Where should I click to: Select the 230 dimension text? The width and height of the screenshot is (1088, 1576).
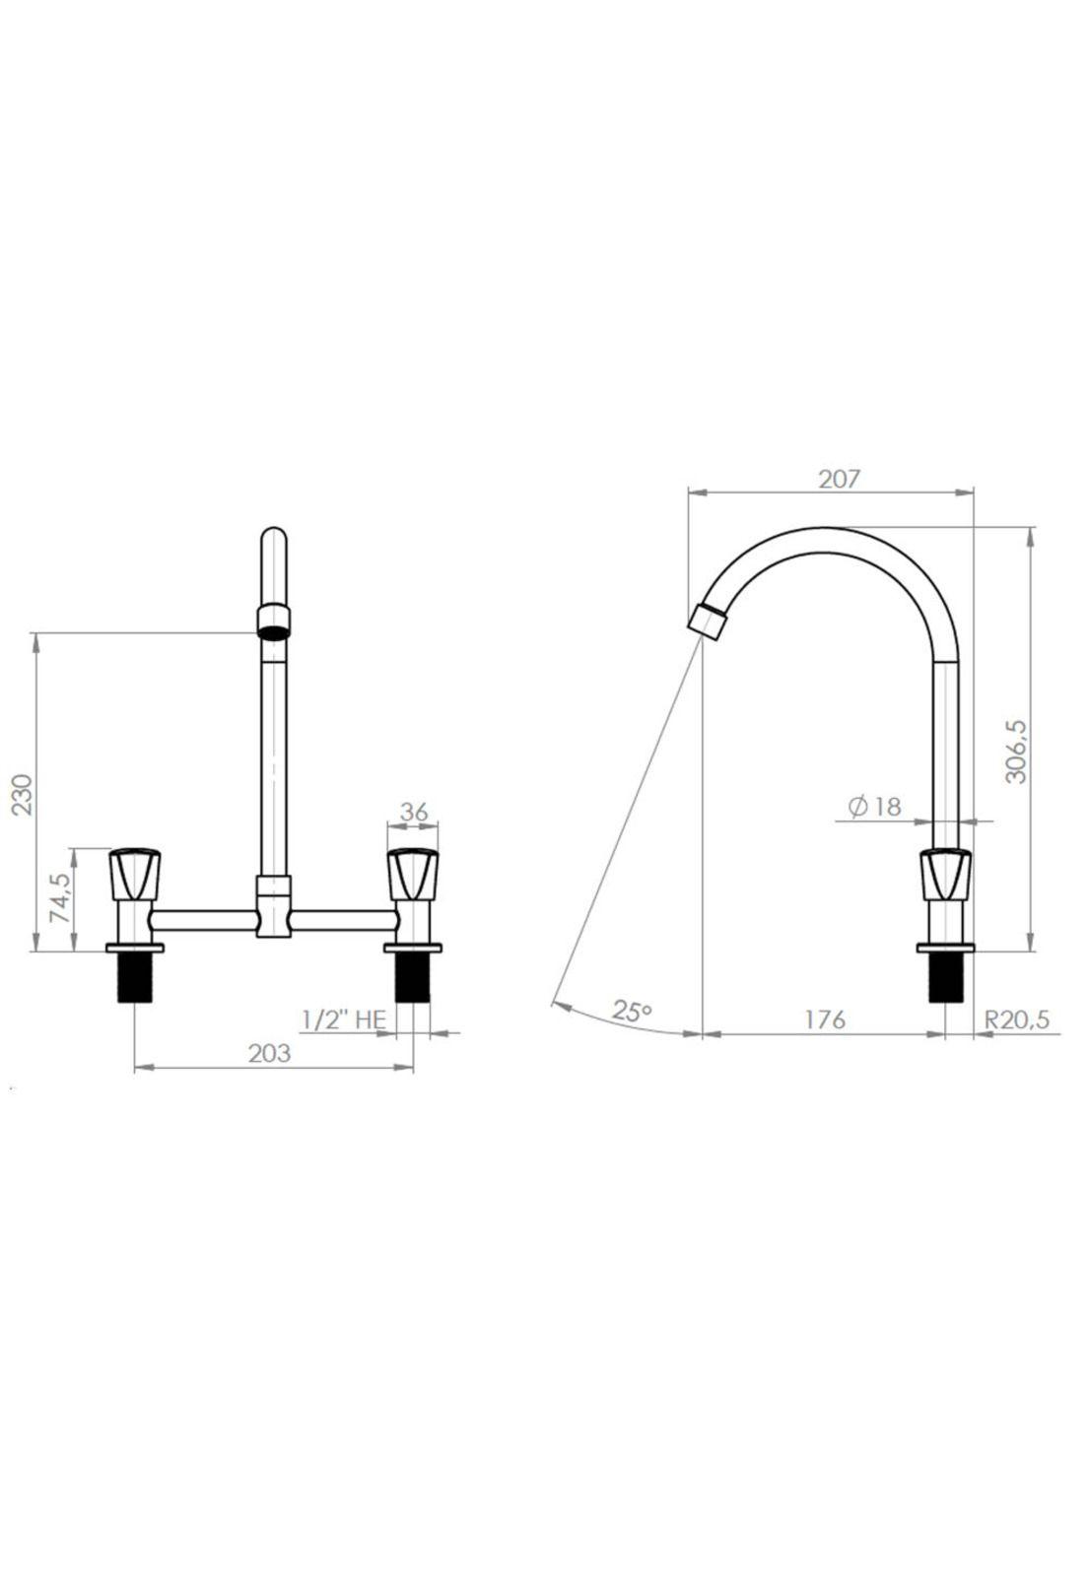(x=24, y=794)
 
